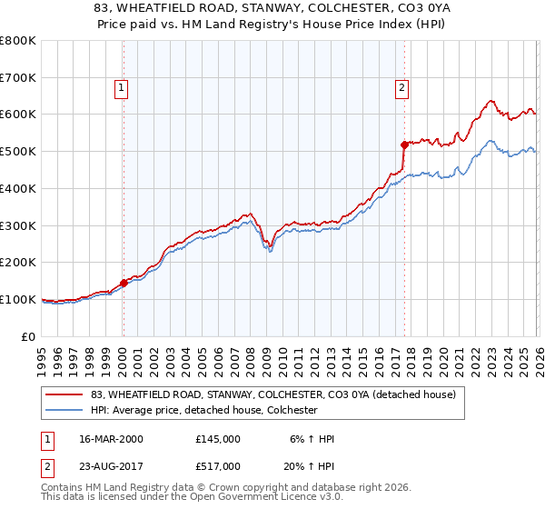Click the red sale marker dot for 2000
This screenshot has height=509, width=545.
pyautogui.click(x=124, y=283)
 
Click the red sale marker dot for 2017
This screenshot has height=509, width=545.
pyautogui.click(x=404, y=145)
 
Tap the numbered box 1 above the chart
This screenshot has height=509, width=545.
pyautogui.click(x=122, y=88)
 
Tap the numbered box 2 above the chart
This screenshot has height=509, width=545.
pyautogui.click(x=401, y=88)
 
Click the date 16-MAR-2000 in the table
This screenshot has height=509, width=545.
pyautogui.click(x=113, y=439)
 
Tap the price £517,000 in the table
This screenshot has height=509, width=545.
pyautogui.click(x=218, y=465)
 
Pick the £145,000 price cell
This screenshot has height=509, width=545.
pyautogui.click(x=218, y=439)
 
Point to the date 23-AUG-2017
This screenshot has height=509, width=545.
pyautogui.click(x=113, y=465)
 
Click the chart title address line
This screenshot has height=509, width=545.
pyautogui.click(x=272, y=8)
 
